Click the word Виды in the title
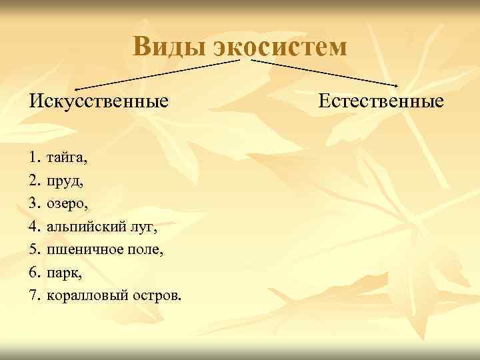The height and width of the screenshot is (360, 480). (x=169, y=47)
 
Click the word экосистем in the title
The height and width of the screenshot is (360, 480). (x=280, y=47)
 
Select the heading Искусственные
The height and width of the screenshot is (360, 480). (x=98, y=102)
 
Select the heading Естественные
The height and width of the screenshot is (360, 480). (x=381, y=101)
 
